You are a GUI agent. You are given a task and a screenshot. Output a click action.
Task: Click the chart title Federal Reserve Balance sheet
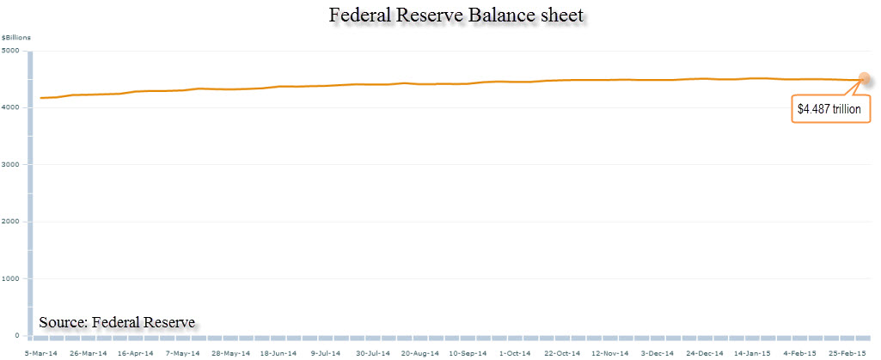(x=440, y=15)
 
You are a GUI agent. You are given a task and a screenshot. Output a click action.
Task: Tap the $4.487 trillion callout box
(x=832, y=109)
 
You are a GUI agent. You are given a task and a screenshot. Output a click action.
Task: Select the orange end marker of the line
(x=864, y=79)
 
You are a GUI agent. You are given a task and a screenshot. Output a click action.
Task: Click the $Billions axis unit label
(x=15, y=38)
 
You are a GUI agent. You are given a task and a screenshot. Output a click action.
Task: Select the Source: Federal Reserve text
(x=117, y=322)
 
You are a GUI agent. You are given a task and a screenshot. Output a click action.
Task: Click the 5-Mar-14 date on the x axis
(x=41, y=352)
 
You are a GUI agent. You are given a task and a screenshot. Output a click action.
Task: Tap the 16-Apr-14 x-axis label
(x=135, y=352)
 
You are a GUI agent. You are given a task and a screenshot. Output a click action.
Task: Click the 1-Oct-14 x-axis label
(x=516, y=352)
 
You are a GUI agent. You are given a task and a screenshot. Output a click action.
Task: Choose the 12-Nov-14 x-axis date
(x=610, y=352)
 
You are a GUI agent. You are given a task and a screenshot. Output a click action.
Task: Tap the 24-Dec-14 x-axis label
(x=705, y=352)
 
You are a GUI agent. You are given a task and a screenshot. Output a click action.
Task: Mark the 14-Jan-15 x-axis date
(x=752, y=352)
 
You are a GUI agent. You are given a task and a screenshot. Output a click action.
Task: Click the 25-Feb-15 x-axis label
(x=847, y=352)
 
